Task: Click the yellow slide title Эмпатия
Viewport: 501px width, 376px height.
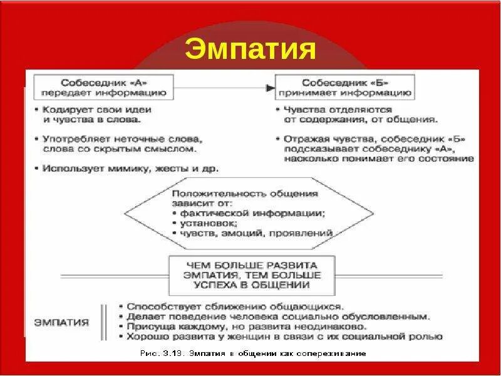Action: click(250, 50)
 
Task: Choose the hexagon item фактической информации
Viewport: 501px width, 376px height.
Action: click(252, 213)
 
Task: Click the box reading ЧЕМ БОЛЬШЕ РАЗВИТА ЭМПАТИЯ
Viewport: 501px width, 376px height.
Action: click(251, 275)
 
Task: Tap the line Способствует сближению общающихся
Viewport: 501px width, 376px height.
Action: click(235, 306)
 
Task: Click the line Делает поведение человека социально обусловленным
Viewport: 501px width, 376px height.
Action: click(278, 316)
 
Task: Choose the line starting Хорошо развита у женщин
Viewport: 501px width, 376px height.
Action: click(284, 337)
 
